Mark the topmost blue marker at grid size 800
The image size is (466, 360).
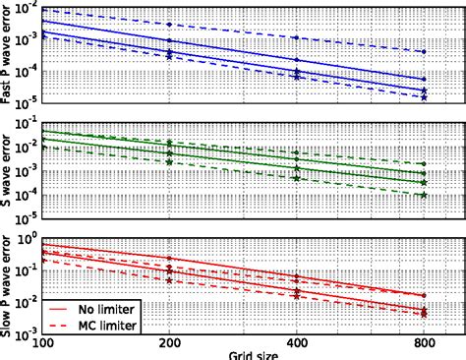[424, 52]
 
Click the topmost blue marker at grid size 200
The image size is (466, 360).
[169, 24]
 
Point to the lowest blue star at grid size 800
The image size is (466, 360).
[424, 96]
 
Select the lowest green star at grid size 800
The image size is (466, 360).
[424, 195]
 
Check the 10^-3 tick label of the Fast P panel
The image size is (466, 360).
[28, 36]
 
